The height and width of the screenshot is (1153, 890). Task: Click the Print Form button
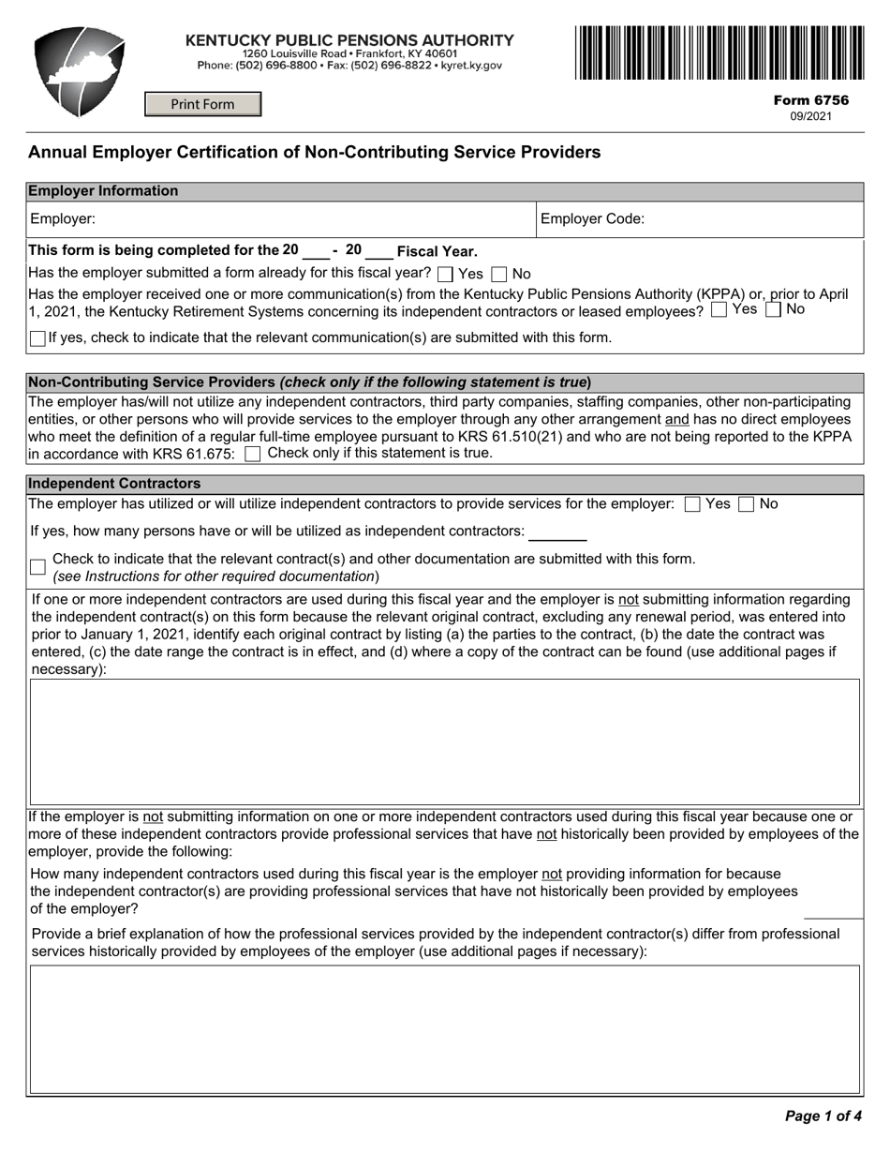point(202,104)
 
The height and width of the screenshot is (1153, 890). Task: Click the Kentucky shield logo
point(79,71)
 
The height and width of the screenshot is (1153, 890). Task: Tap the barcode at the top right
point(719,52)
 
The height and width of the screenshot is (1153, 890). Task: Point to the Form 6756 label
point(810,100)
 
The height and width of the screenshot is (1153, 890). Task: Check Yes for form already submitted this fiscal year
point(446,275)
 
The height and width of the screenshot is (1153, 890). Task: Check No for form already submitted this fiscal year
point(499,275)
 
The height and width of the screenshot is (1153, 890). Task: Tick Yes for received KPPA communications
point(719,310)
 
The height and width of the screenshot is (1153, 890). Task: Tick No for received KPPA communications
point(773,310)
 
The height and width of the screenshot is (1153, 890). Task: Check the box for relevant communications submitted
point(37,338)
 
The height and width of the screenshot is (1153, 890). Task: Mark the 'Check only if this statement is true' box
point(252,455)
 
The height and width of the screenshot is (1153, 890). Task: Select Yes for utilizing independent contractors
point(692,504)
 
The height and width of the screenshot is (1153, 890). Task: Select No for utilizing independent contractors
point(747,504)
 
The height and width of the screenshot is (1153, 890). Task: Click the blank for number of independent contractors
point(557,532)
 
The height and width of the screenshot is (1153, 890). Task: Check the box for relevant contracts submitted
point(37,567)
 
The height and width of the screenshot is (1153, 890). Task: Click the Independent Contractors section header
point(114,484)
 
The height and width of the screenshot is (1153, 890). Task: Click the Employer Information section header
point(103,191)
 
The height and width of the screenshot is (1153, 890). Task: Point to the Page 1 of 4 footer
point(823,1116)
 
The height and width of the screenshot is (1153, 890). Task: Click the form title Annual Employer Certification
point(314,152)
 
